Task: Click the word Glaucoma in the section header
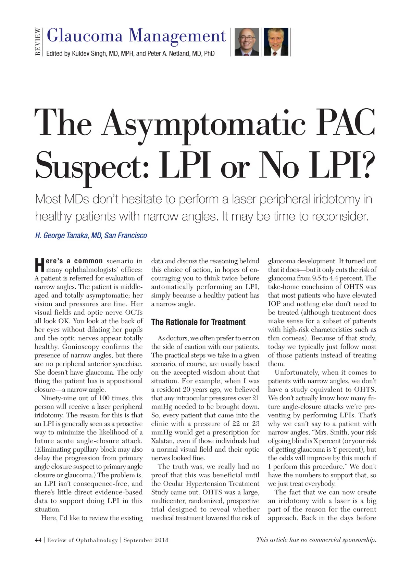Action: click(84, 36)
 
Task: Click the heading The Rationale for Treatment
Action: click(198, 322)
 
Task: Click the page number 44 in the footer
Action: click(38, 540)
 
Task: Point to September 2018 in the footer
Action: click(146, 540)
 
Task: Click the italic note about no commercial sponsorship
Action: click(316, 540)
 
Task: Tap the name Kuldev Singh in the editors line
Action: click(89, 54)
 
